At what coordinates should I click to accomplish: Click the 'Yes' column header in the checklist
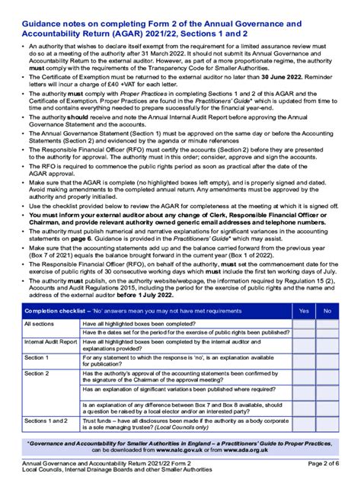click(x=305, y=311)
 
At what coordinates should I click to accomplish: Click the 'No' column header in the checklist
click(x=327, y=311)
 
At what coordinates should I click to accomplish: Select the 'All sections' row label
click(x=39, y=324)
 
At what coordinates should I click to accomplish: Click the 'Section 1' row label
click(x=37, y=357)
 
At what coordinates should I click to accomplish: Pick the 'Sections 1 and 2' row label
click(x=46, y=420)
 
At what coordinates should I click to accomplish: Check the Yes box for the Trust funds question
click(x=305, y=424)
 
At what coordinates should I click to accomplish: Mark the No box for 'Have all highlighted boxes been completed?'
click(x=327, y=324)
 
